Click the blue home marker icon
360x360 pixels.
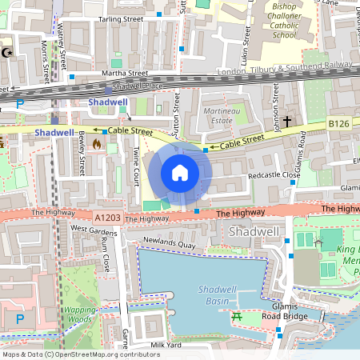click(x=180, y=173)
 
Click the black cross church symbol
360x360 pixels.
click(x=286, y=122)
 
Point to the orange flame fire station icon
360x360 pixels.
click(x=97, y=145)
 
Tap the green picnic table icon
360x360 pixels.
click(x=237, y=318)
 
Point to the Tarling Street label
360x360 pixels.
click(x=120, y=18)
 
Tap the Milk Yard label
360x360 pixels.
click(x=169, y=345)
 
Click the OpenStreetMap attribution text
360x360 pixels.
click(x=80, y=354)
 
